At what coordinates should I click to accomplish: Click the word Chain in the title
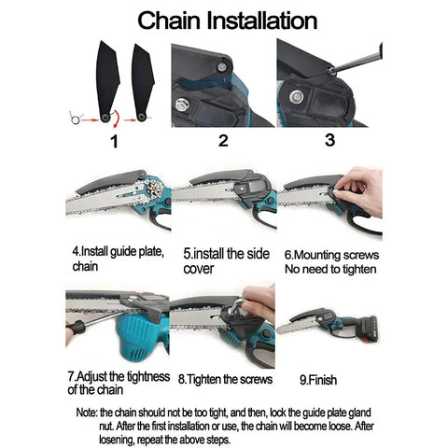(169, 21)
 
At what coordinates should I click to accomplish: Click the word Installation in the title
(262, 21)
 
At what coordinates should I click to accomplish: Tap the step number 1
(115, 142)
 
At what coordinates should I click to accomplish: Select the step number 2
(223, 141)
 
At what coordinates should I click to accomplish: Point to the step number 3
(329, 140)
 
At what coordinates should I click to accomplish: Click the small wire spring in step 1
(76, 118)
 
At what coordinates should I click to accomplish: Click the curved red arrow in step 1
(116, 119)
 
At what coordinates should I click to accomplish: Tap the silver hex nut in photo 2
(181, 105)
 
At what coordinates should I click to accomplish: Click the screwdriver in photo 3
(357, 60)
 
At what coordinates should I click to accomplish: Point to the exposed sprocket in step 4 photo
(154, 189)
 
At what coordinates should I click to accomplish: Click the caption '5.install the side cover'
(226, 261)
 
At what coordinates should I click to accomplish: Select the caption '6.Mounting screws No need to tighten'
(331, 262)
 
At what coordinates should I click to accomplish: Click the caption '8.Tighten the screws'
(225, 380)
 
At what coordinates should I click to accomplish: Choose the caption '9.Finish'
(318, 380)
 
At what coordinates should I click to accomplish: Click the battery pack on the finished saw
(365, 329)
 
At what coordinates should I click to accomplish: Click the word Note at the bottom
(87, 413)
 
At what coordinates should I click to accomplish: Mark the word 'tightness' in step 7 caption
(148, 377)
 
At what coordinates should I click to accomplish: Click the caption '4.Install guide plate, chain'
(119, 259)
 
